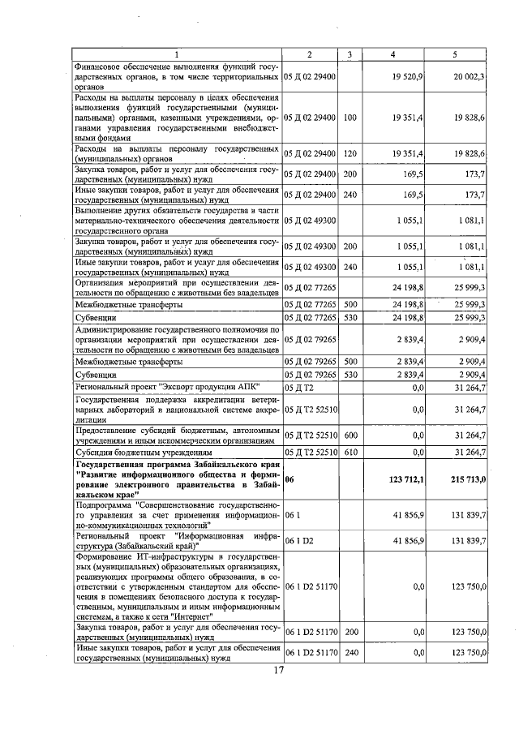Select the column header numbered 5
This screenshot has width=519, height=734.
click(453, 54)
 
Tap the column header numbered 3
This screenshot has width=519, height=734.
click(349, 54)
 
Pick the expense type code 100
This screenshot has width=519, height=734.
click(350, 118)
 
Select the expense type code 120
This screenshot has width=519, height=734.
click(350, 153)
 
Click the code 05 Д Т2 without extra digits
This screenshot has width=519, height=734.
click(298, 388)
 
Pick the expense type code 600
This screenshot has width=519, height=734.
click(350, 436)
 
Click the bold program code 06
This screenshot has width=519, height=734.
click(290, 479)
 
